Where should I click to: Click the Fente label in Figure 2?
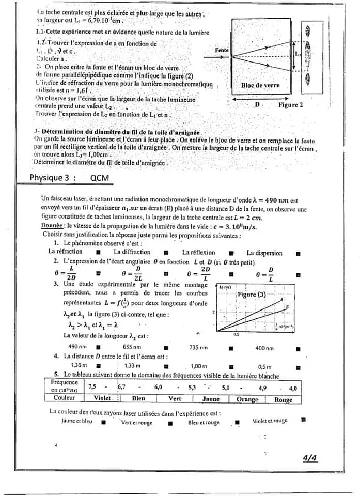(222, 50)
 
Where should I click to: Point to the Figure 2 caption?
(290, 105)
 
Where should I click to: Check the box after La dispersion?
(299, 253)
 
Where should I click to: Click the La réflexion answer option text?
(199, 252)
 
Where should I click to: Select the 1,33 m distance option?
(133, 365)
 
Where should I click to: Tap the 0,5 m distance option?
(264, 366)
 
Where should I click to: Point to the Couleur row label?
(65, 398)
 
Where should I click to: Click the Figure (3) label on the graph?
(251, 294)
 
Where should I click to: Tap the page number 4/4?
(310, 458)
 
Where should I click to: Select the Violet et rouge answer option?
(270, 421)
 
